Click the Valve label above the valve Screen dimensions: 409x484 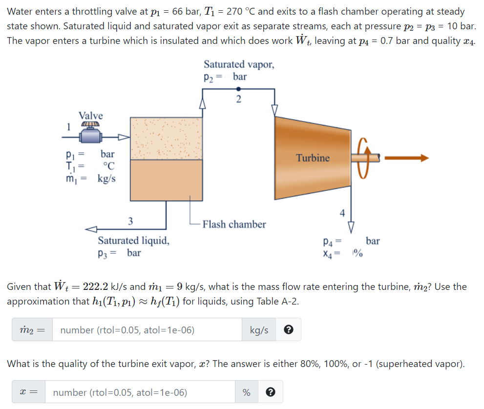(91, 116)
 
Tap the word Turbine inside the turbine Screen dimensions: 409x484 (313, 158)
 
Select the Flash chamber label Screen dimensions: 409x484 (234, 225)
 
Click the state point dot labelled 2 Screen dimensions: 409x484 (238, 89)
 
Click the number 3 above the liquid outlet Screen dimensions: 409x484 (130, 221)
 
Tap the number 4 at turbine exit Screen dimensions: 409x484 (342, 213)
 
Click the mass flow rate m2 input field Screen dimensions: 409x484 (147, 330)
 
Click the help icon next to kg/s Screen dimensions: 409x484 (289, 330)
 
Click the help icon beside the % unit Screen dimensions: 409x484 (271, 392)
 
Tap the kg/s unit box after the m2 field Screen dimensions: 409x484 (259, 330)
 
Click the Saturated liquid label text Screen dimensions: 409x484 (134, 240)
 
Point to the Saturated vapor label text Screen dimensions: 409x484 (239, 64)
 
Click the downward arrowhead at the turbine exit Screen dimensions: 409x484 (351, 226)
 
